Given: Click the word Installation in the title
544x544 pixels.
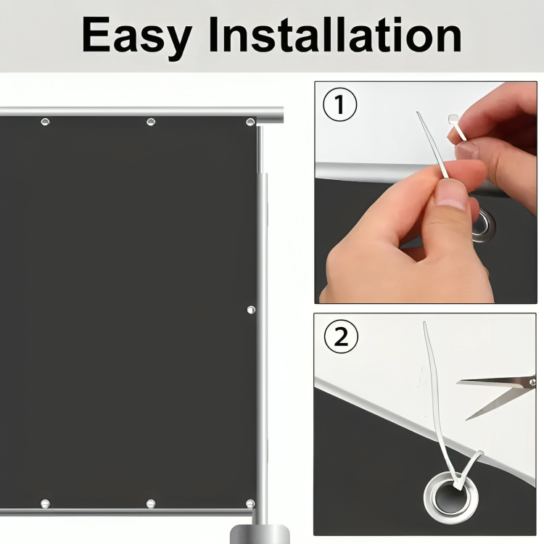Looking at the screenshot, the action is tap(335, 35).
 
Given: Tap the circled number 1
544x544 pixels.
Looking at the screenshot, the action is tap(339, 104).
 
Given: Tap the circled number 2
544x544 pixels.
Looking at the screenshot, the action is tap(341, 337).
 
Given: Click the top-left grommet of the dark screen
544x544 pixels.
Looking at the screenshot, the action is tap(45, 122).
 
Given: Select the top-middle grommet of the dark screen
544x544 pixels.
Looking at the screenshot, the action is tap(151, 122).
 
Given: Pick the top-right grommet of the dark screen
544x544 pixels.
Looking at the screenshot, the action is tap(250, 122).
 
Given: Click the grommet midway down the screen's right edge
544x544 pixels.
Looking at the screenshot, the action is tap(251, 310).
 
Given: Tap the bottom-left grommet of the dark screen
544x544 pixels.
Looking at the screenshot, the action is tap(45, 503).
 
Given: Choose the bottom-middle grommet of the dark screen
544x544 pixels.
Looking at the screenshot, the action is tap(151, 503).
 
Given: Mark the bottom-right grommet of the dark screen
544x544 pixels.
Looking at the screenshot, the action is tap(250, 503).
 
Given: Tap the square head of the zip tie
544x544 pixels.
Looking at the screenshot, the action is tap(453, 120).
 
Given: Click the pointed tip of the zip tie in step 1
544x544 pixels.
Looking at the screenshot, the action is tap(417, 112).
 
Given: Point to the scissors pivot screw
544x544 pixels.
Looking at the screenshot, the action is tap(532, 382).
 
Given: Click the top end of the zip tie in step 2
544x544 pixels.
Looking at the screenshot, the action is tap(424, 323).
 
